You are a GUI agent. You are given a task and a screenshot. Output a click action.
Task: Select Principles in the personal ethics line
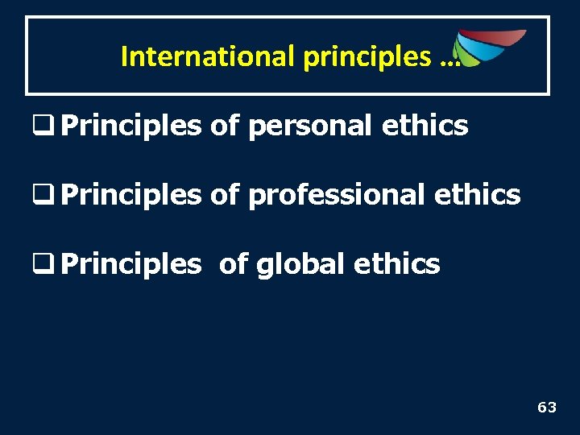point(130,126)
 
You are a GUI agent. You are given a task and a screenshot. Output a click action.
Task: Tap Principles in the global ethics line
point(130,263)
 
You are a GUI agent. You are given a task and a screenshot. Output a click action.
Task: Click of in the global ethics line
point(233,263)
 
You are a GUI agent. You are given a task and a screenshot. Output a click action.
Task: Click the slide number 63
point(547,408)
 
